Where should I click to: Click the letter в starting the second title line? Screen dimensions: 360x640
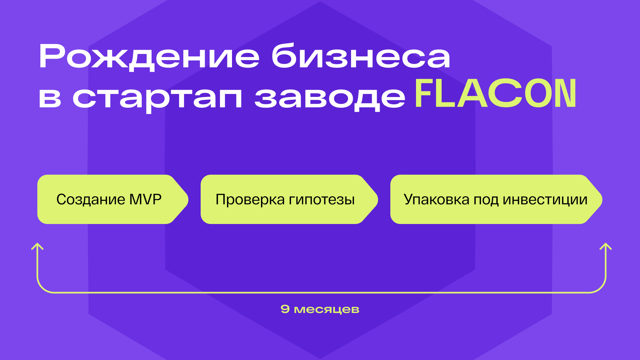tap(50, 98)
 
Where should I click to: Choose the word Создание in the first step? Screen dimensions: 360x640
tap(91, 199)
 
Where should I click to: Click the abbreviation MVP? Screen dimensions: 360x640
tap(145, 199)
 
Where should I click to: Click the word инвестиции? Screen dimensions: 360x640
tap(545, 199)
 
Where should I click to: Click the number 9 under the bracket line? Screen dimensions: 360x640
tap(285, 309)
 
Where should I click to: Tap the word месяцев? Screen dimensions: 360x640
tap(327, 310)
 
